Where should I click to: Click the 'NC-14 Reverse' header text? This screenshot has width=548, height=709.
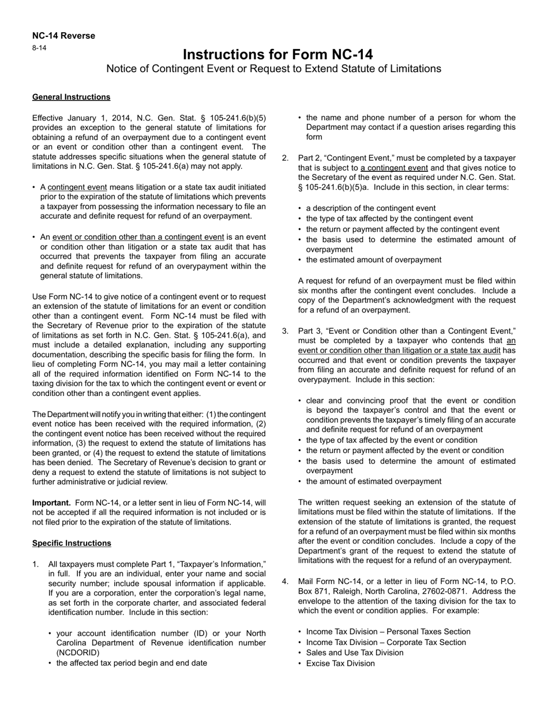click(63, 36)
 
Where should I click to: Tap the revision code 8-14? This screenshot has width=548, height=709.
click(39, 48)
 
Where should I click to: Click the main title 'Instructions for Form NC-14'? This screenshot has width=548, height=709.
click(277, 55)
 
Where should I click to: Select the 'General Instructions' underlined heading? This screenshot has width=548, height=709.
click(71, 97)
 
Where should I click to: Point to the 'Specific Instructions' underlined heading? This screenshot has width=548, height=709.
click(72, 543)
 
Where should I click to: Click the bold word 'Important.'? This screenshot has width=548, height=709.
click(51, 503)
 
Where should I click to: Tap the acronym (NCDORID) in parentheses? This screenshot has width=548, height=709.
click(78, 653)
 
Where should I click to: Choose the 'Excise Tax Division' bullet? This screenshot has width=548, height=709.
click(340, 663)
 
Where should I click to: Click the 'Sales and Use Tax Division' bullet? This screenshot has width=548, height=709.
click(355, 653)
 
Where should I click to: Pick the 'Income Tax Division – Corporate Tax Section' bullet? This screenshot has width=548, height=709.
click(386, 642)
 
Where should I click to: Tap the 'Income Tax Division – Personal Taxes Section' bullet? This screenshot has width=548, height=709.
click(388, 632)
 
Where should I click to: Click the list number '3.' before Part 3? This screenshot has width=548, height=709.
click(285, 331)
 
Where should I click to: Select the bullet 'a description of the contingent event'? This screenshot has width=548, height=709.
click(371, 208)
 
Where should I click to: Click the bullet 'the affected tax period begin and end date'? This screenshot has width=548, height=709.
click(132, 663)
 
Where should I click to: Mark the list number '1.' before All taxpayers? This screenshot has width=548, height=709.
click(36, 564)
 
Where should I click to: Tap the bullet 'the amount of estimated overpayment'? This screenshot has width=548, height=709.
click(374, 481)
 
